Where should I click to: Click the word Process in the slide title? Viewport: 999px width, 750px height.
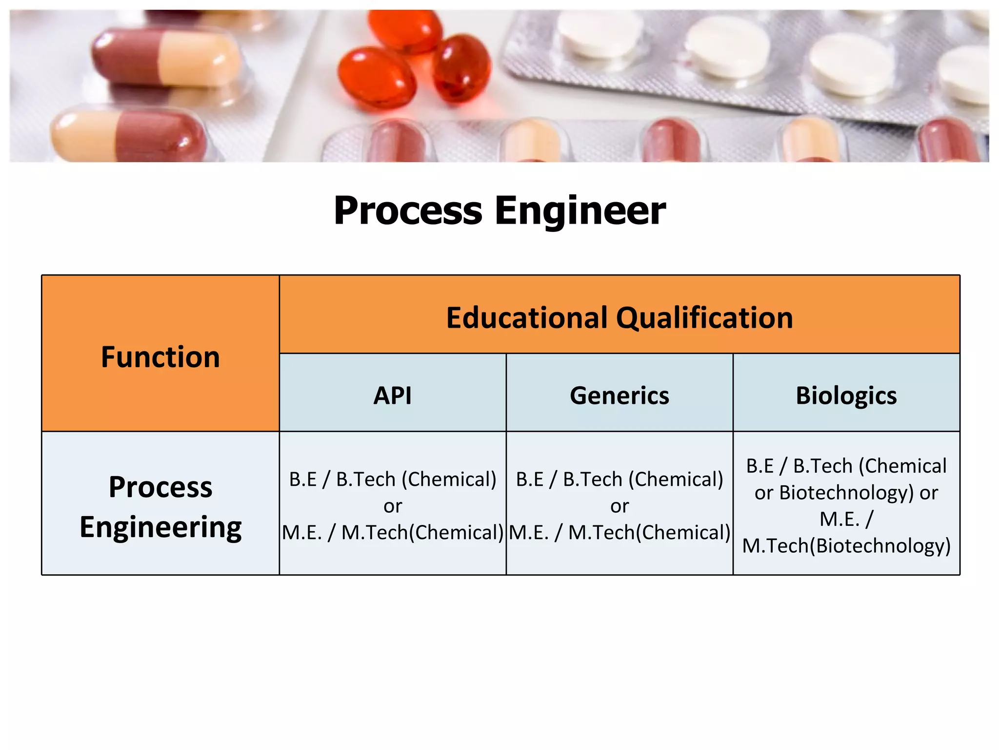[x=408, y=211]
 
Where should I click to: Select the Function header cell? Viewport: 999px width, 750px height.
[x=160, y=356]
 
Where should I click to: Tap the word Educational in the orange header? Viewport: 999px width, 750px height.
[x=527, y=318]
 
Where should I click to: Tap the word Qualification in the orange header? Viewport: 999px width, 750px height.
[x=704, y=318]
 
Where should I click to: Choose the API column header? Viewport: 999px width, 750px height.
[x=392, y=395]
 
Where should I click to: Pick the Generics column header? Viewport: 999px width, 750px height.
[x=619, y=395]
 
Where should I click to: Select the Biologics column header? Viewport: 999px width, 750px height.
[x=846, y=395]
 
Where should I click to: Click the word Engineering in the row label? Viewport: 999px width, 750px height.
[x=160, y=527]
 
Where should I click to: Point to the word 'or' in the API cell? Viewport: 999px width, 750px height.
[x=393, y=506]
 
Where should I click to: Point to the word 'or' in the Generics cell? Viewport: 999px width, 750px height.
[x=619, y=506]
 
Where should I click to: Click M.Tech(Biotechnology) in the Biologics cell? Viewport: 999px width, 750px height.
[x=846, y=545]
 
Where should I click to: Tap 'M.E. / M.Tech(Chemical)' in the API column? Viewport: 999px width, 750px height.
[x=393, y=532]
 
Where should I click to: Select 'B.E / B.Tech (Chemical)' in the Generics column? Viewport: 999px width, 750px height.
[x=619, y=479]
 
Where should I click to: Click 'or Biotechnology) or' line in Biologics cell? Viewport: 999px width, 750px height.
[x=846, y=492]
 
